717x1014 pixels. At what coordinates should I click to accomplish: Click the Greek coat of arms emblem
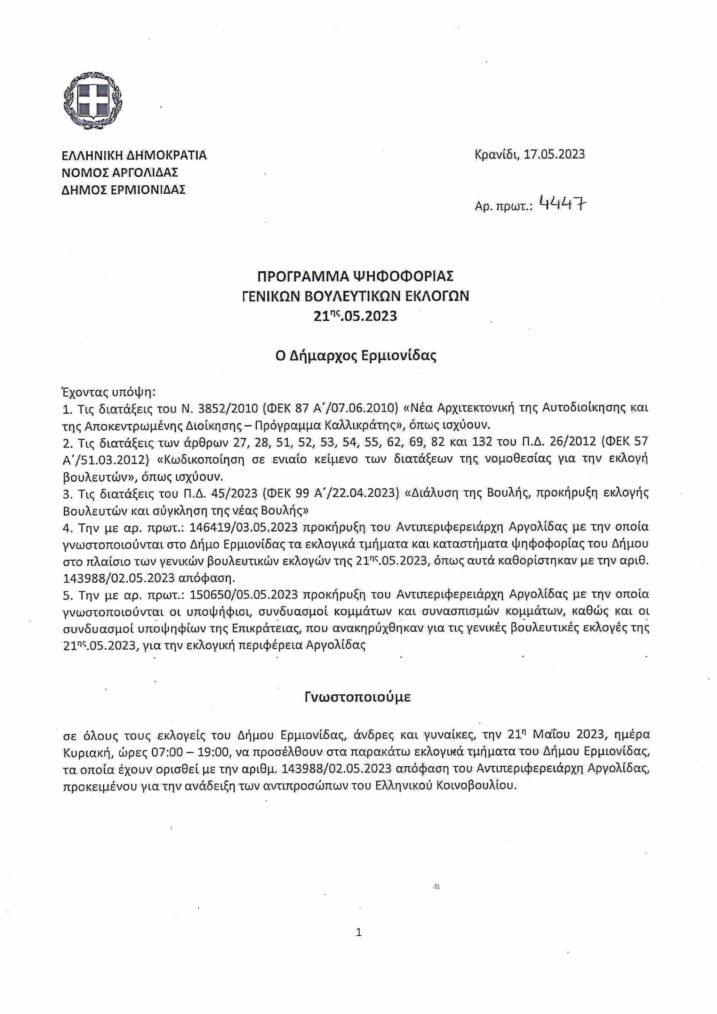pos(93,101)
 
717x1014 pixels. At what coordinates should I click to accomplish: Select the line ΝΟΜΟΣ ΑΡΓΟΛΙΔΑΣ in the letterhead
pos(120,172)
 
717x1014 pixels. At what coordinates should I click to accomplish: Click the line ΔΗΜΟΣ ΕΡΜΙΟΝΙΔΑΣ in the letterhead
pos(124,189)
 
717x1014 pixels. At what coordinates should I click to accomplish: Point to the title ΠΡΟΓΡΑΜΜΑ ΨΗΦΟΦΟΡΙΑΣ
pos(356,276)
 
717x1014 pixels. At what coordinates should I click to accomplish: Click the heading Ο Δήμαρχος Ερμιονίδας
pos(356,356)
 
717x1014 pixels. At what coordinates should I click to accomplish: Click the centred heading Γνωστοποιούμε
pos(358,697)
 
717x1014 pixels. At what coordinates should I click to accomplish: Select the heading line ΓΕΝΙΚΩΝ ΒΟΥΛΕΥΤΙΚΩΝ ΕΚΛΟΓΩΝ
pos(356,296)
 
